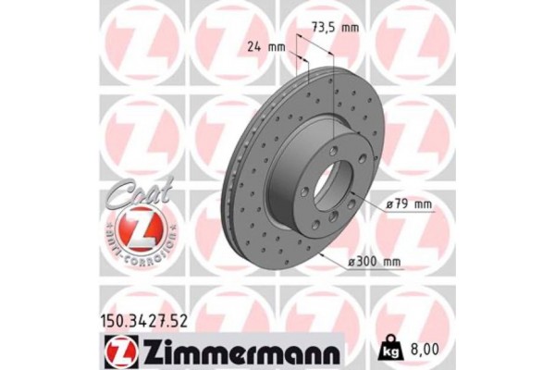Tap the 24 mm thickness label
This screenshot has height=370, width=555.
click(x=268, y=45)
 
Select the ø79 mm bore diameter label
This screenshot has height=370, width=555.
click(x=408, y=203)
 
